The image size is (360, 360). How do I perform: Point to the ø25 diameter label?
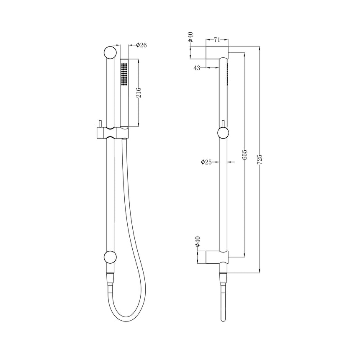tap(206, 162)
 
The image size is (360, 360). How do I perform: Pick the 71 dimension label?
tap(217, 40)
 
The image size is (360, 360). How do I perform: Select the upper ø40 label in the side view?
tap(190, 38)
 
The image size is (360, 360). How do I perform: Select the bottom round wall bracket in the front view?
tap(109, 257)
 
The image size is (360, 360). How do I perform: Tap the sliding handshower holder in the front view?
tap(111, 133)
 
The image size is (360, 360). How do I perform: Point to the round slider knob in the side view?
tap(224, 133)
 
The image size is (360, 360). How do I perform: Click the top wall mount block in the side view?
tap(217, 53)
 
